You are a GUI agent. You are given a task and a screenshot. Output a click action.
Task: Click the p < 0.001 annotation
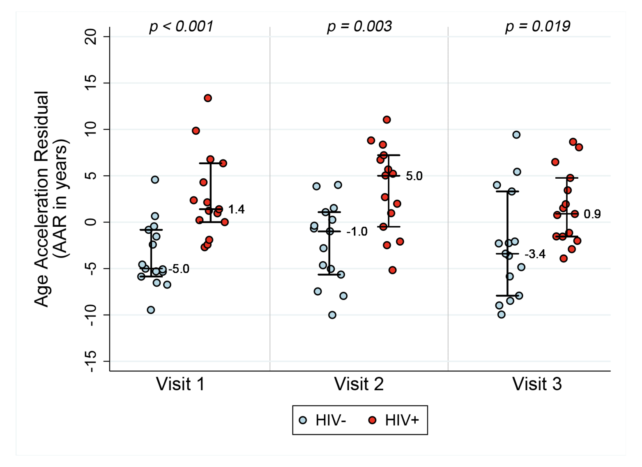[181, 26]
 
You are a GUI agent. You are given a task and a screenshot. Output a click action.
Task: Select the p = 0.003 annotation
[359, 26]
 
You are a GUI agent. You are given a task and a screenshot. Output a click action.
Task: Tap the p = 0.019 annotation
[537, 26]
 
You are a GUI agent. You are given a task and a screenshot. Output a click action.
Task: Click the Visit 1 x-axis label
[180, 384]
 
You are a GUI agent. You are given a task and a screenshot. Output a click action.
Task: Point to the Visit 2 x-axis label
[359, 384]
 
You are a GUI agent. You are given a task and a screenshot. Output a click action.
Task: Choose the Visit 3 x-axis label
[537, 384]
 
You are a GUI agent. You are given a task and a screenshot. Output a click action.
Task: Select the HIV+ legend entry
[394, 420]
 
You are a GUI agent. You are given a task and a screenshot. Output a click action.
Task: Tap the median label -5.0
[179, 269]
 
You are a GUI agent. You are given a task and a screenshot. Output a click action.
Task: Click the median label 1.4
[236, 209]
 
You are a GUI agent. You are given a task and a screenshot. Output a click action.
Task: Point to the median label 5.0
[414, 176]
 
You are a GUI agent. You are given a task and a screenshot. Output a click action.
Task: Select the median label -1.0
[357, 232]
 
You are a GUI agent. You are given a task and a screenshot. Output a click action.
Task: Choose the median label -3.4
[535, 255]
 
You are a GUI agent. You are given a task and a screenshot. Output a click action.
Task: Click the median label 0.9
[592, 214]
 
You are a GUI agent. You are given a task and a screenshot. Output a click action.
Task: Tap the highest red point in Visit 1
[208, 98]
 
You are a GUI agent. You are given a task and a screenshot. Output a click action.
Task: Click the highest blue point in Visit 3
[516, 135]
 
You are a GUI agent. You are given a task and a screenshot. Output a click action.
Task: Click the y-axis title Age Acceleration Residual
[42, 199]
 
